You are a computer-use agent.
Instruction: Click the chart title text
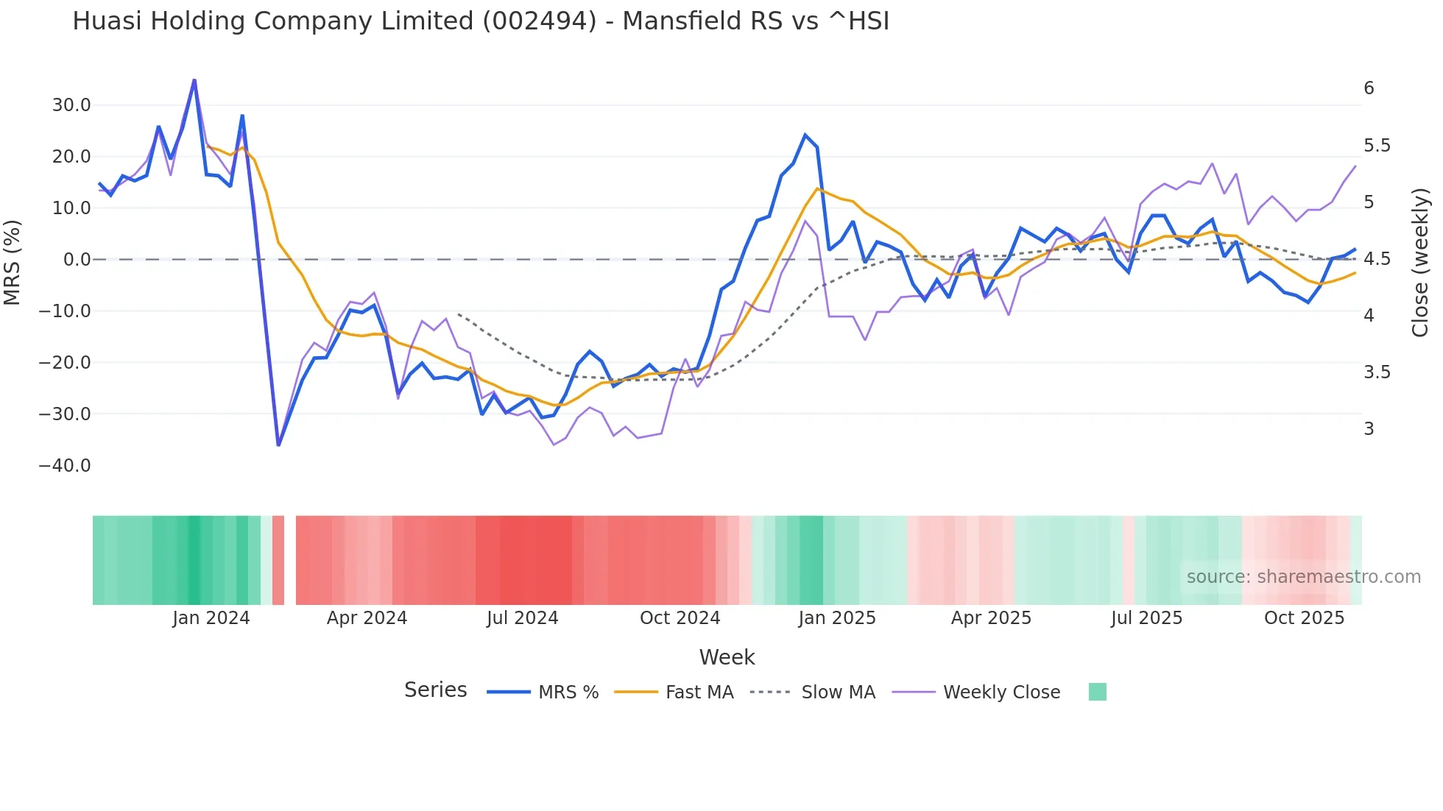[481, 21]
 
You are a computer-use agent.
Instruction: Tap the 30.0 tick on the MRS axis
[71, 105]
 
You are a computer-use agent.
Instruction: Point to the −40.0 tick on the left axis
[65, 466]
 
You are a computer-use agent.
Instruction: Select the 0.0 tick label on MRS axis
[77, 260]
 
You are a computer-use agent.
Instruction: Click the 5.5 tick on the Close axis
[1377, 146]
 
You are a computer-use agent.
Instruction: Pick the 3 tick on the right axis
[1369, 429]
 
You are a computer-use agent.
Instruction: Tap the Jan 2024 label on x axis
[211, 618]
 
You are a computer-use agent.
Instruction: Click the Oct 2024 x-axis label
[680, 618]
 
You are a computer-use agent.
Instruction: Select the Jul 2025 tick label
[1146, 618]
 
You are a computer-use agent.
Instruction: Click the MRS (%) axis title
[13, 262]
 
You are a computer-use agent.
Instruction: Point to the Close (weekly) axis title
[1420, 262]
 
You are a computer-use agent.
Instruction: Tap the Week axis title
[727, 657]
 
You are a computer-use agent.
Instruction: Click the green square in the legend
[1097, 692]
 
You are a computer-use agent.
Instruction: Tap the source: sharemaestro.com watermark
[1303, 577]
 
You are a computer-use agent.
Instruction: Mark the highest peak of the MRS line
[194, 80]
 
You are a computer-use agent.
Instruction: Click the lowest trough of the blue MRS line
[278, 445]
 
